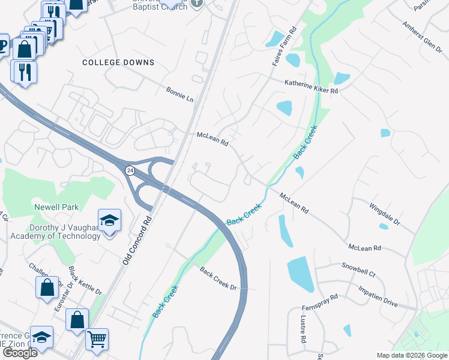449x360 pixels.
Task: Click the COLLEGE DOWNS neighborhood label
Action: tap(118, 62)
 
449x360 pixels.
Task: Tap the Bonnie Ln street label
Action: tap(180, 94)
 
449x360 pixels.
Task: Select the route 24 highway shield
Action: tap(130, 171)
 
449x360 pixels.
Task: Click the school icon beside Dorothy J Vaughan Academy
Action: tap(109, 221)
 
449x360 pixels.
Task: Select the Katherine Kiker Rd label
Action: tap(312, 86)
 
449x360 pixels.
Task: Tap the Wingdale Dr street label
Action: tap(385, 214)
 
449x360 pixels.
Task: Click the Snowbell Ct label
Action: tap(358, 269)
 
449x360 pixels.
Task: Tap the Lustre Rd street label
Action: tap(304, 331)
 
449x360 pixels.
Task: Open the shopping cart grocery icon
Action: tap(97, 339)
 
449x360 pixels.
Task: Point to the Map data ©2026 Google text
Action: tap(411, 355)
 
